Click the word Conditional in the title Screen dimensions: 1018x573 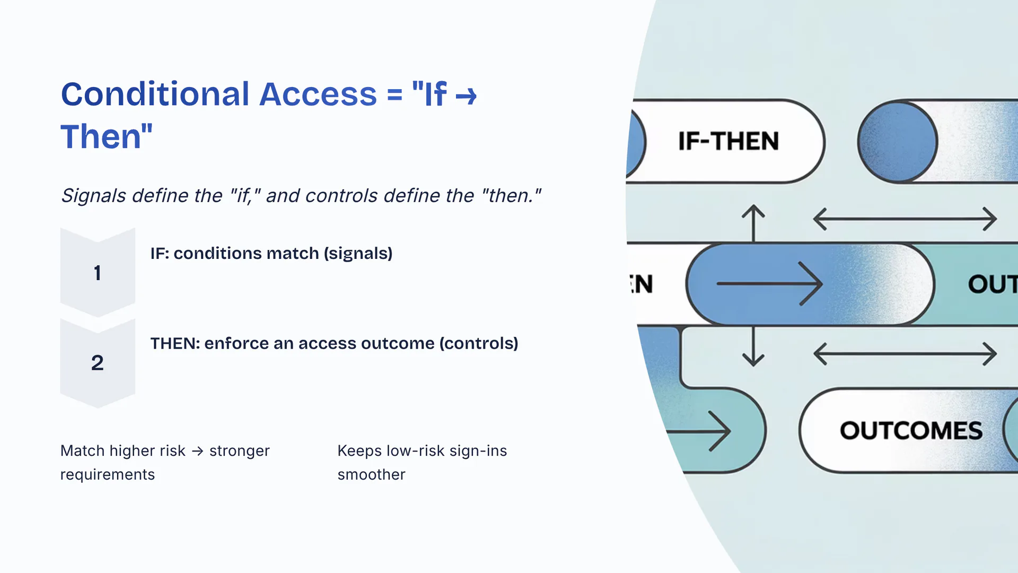[155, 94]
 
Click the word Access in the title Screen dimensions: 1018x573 [318, 94]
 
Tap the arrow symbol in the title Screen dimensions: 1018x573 [466, 97]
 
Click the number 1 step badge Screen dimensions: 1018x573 [98, 272]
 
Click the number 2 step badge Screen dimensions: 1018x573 [98, 363]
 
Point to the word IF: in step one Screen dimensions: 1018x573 [160, 253]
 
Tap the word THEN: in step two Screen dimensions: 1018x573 [175, 343]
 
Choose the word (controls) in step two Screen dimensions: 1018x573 [479, 344]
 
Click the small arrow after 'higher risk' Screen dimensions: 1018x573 [198, 451]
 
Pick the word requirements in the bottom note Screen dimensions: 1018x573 [108, 474]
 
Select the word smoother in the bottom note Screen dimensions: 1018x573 [371, 474]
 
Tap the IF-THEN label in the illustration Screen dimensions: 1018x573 [729, 141]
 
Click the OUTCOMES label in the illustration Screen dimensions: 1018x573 [911, 430]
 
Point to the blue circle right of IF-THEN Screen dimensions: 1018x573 [898, 142]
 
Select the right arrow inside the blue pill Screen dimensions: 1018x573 [769, 284]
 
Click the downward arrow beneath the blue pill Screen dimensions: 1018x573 [753, 346]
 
